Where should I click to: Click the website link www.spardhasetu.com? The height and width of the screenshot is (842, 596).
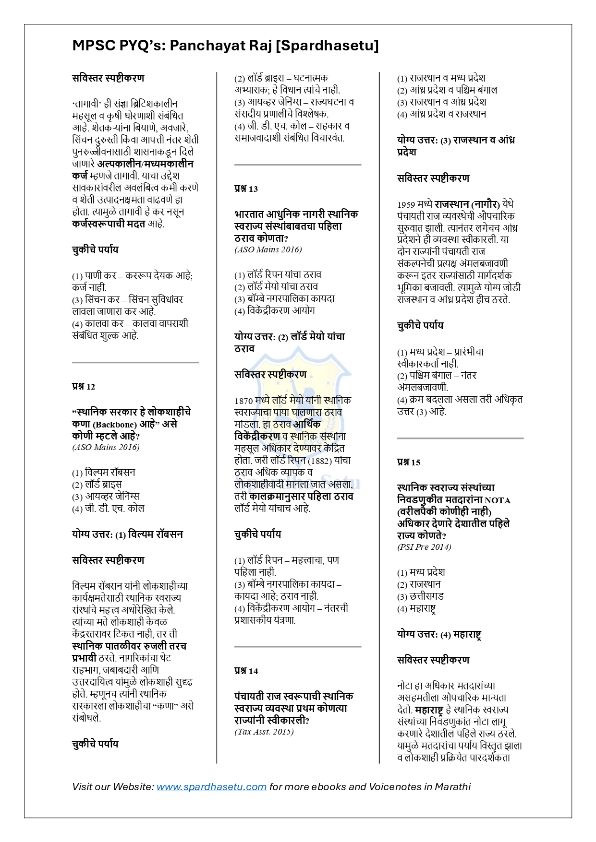pyautogui.click(x=211, y=787)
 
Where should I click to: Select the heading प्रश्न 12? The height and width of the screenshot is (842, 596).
pyautogui.click(x=84, y=387)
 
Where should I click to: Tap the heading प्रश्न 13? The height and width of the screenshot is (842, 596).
pyautogui.click(x=246, y=189)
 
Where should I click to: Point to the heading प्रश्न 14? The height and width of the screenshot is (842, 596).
pyautogui.click(x=246, y=671)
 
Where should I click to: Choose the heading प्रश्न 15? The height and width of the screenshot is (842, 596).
pyautogui.click(x=409, y=463)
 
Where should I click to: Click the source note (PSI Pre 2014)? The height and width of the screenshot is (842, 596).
pyautogui.click(x=424, y=547)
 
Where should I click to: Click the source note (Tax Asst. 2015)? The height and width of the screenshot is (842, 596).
pyautogui.click(x=264, y=732)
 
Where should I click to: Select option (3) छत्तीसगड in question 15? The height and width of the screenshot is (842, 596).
pyautogui.click(x=421, y=596)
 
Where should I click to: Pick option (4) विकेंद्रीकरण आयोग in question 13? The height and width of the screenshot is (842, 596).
pyautogui.click(x=275, y=311)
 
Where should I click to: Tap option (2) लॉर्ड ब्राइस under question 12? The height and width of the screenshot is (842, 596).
pyautogui.click(x=97, y=485)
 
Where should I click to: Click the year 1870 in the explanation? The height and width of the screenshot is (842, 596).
pyautogui.click(x=244, y=401)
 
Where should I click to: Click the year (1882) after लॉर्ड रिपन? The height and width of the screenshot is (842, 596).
pyautogui.click(x=319, y=461)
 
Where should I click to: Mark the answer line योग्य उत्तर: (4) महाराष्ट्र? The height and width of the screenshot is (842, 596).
pyautogui.click(x=439, y=634)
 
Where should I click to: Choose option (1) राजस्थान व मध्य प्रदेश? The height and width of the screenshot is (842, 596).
pyautogui.click(x=441, y=78)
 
